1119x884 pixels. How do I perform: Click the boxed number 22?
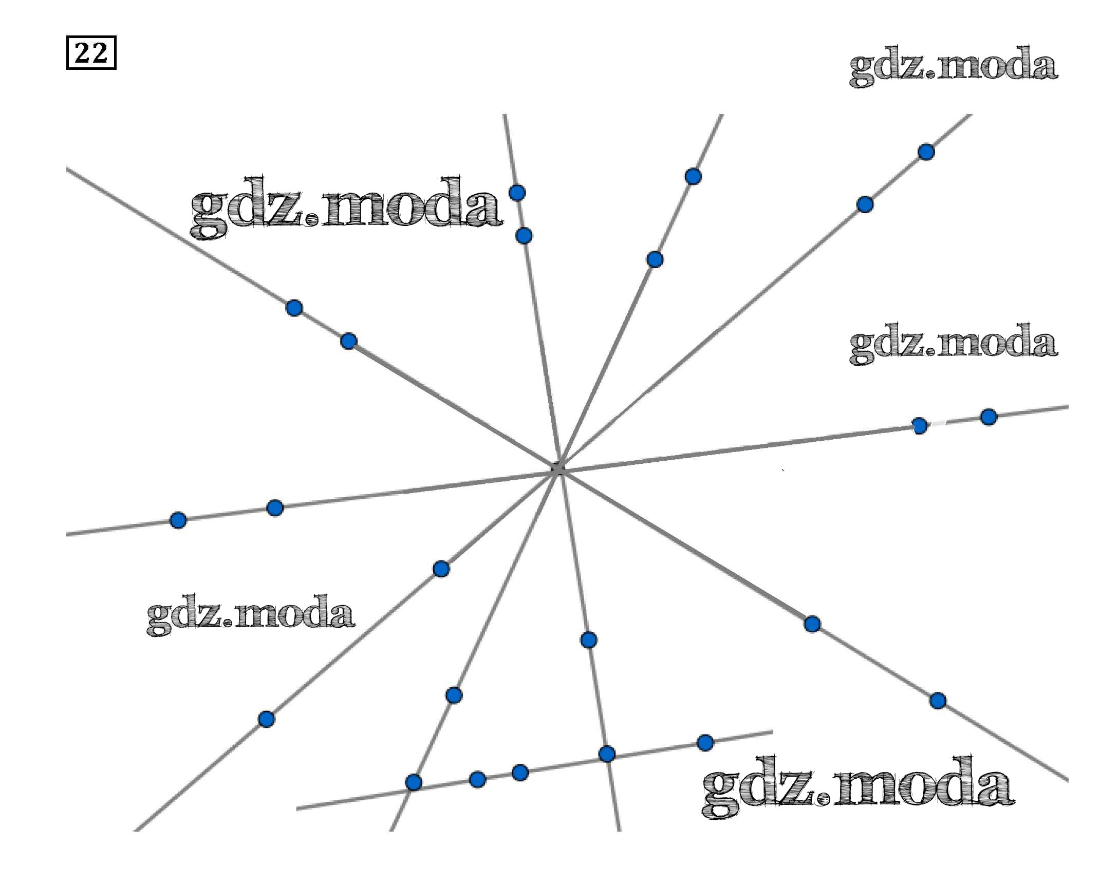[x=91, y=52]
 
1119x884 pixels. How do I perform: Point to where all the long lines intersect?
[x=558, y=469]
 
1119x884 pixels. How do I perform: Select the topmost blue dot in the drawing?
[x=926, y=152]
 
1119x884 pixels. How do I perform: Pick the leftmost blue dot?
[x=178, y=520]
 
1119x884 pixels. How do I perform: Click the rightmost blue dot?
[x=989, y=417]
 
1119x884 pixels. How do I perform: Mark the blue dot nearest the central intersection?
[x=440, y=569]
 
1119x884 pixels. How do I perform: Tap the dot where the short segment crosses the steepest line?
[x=607, y=754]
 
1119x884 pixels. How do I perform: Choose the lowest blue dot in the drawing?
[x=413, y=782]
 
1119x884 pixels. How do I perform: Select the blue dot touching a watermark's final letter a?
[x=517, y=193]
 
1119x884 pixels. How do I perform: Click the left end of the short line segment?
[x=297, y=808]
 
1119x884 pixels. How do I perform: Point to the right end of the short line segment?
[x=772, y=732]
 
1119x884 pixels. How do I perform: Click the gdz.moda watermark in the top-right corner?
[x=953, y=66]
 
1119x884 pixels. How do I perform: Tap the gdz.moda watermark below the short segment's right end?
[x=857, y=787]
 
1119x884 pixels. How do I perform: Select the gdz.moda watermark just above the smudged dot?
[x=953, y=343]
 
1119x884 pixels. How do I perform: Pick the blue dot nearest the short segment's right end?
[x=705, y=743]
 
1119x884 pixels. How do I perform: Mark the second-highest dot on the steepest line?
[x=524, y=236]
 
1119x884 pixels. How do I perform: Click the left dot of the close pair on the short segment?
[x=477, y=779]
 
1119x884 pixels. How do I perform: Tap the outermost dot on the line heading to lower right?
[x=938, y=701]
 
